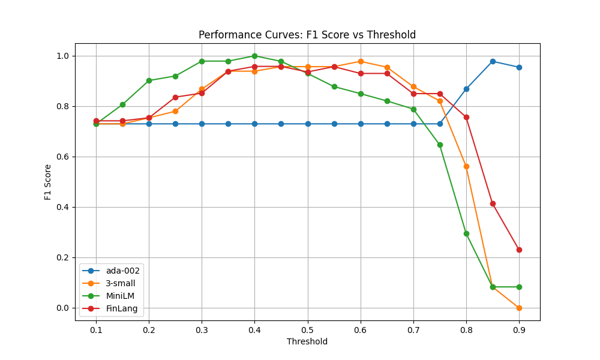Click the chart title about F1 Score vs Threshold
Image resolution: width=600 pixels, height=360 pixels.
coord(307,35)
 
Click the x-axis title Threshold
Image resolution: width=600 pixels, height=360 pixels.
coord(307,342)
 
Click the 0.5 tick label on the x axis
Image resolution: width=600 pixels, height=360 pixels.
coord(307,330)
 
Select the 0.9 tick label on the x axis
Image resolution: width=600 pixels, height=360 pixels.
coord(519,330)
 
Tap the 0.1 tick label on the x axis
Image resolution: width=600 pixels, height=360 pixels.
coord(96,330)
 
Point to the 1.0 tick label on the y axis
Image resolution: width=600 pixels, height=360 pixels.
coord(62,56)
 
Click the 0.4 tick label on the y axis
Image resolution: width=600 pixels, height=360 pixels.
coord(62,207)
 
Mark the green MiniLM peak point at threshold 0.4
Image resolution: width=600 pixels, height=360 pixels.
coord(254,56)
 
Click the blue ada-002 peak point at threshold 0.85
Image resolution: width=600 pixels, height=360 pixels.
coord(493,61)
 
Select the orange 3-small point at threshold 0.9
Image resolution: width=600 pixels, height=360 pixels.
coord(519,308)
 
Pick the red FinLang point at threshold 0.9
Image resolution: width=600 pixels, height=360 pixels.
coord(519,250)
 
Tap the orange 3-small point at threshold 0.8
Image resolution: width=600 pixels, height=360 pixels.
coord(466,166)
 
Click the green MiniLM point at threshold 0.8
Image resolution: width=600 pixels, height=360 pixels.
coord(466,233)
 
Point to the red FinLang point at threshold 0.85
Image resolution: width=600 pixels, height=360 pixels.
coord(493,203)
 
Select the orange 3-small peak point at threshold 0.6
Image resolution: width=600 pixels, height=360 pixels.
coord(361,61)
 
